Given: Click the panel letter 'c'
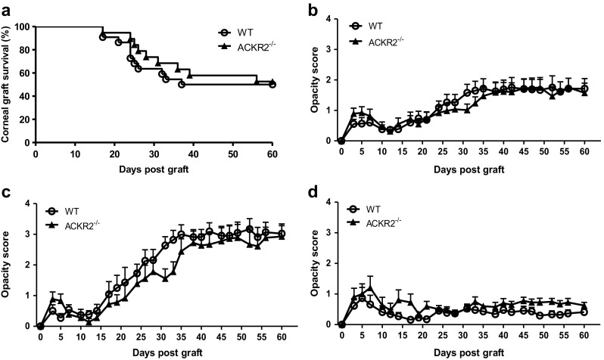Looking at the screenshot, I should point(5,192).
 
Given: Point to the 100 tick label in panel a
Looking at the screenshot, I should point(23,27).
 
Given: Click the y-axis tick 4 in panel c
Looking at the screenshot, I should point(29,203).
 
